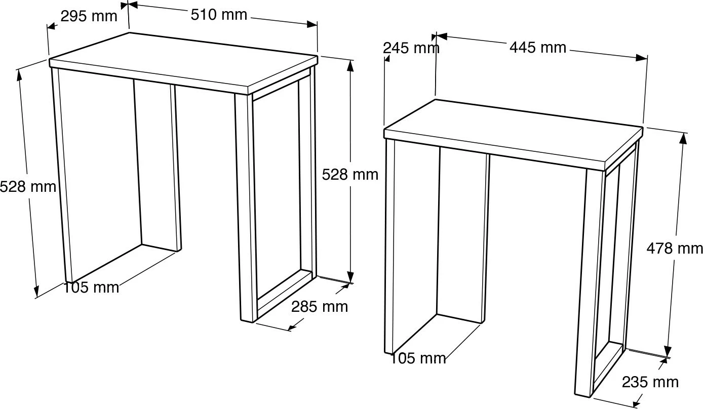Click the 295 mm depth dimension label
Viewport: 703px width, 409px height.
coord(89,16)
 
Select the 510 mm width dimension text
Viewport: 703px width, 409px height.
coord(219,15)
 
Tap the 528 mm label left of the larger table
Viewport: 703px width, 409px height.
coord(28,187)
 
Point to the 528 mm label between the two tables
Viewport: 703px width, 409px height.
coord(350,175)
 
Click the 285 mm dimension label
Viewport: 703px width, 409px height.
coord(320,307)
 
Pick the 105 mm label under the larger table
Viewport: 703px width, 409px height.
coord(91,288)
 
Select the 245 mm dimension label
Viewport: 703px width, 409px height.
coord(411,48)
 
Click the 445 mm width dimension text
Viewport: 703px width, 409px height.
coord(538,48)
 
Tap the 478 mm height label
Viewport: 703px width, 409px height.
coord(675,249)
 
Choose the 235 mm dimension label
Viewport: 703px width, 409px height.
coord(650,382)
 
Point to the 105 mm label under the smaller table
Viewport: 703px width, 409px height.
coord(418,358)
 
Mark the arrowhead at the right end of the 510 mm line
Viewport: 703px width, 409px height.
coord(312,24)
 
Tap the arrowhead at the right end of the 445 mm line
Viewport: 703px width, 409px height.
coord(642,58)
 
